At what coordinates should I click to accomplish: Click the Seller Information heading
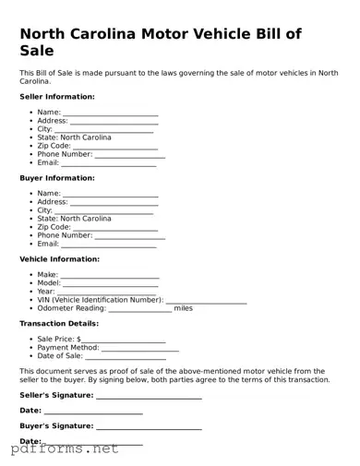57,96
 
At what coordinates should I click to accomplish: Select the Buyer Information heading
57,178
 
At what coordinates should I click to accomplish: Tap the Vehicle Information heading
60,259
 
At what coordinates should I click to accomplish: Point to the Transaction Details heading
59,324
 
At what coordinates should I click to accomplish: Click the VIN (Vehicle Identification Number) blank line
206,302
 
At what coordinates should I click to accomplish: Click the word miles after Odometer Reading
184,308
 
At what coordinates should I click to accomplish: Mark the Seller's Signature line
149,398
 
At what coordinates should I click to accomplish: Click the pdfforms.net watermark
65,449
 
